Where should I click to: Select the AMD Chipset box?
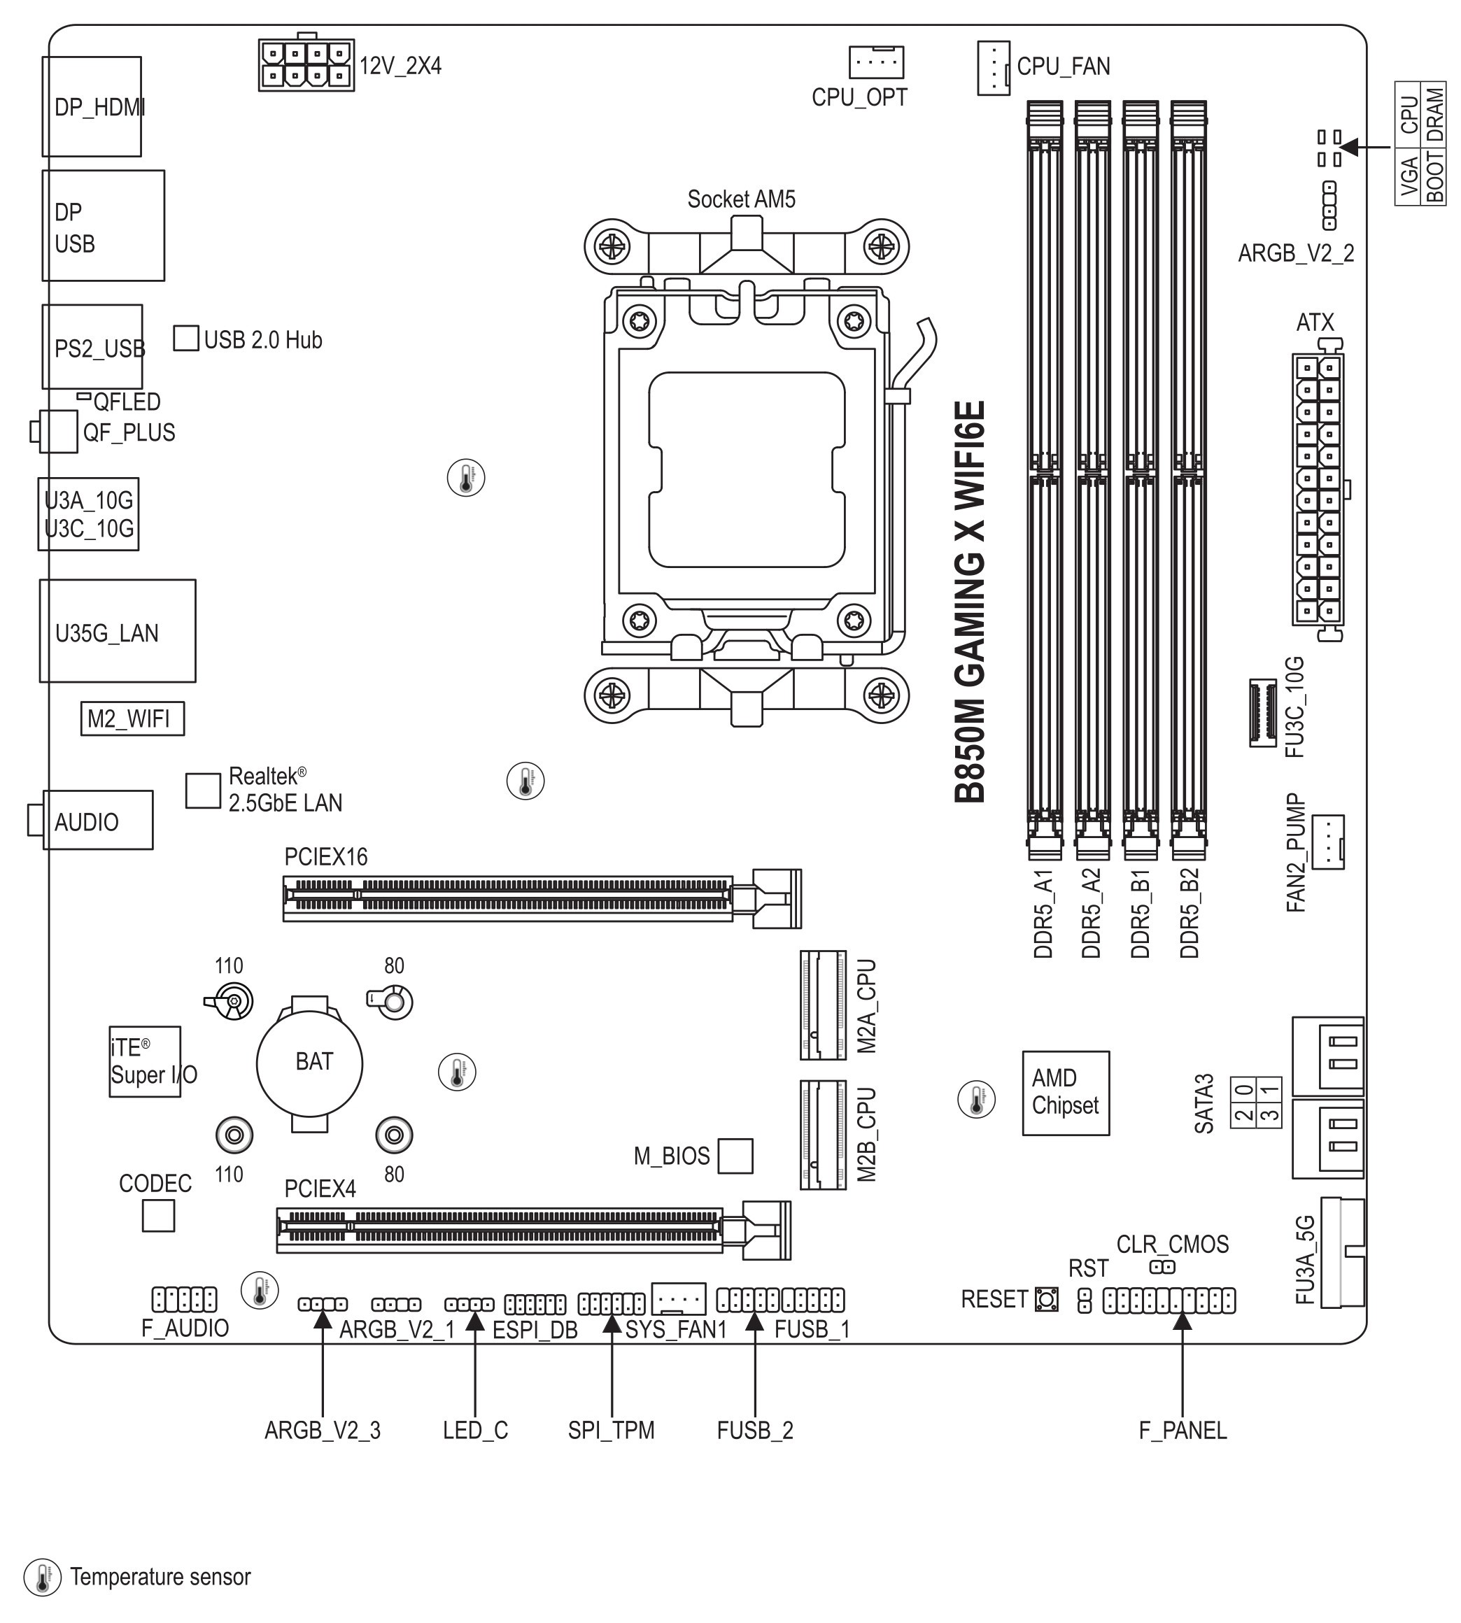click(1065, 1093)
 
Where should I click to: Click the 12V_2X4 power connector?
click(306, 64)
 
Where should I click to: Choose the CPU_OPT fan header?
click(877, 62)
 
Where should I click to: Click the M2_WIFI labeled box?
click(132, 718)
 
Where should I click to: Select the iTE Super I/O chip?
click(145, 1061)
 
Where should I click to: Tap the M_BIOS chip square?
click(735, 1156)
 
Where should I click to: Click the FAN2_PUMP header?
click(1328, 842)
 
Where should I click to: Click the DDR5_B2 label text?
click(1190, 913)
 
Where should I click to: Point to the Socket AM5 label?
click(741, 199)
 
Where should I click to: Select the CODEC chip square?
click(158, 1215)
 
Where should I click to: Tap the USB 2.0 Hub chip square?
click(186, 338)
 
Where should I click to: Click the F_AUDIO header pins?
click(185, 1300)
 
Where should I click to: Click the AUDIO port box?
click(97, 819)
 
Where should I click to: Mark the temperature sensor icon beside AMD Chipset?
click(976, 1100)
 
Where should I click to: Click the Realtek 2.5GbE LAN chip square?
click(203, 791)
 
